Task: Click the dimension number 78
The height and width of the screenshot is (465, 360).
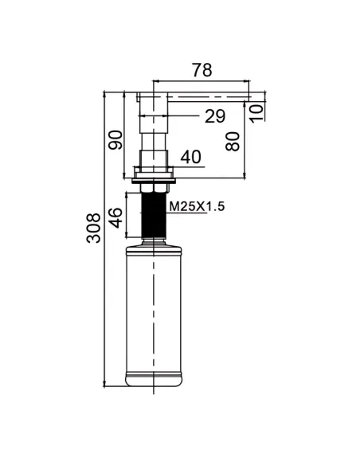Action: [x=202, y=70]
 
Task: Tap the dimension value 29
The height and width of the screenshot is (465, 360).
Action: [x=215, y=116]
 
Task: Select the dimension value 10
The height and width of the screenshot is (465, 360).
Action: [x=256, y=113]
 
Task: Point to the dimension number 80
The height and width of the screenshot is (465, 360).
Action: [x=233, y=142]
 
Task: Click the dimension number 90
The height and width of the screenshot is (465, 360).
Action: [x=115, y=139]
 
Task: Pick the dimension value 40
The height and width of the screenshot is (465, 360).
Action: [x=190, y=157]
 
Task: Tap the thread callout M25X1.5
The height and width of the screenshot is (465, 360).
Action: [x=197, y=206]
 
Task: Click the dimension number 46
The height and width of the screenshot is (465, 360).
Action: [x=115, y=217]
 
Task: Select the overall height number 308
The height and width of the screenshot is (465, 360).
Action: [x=93, y=228]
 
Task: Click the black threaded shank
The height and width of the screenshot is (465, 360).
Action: [x=154, y=215]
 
